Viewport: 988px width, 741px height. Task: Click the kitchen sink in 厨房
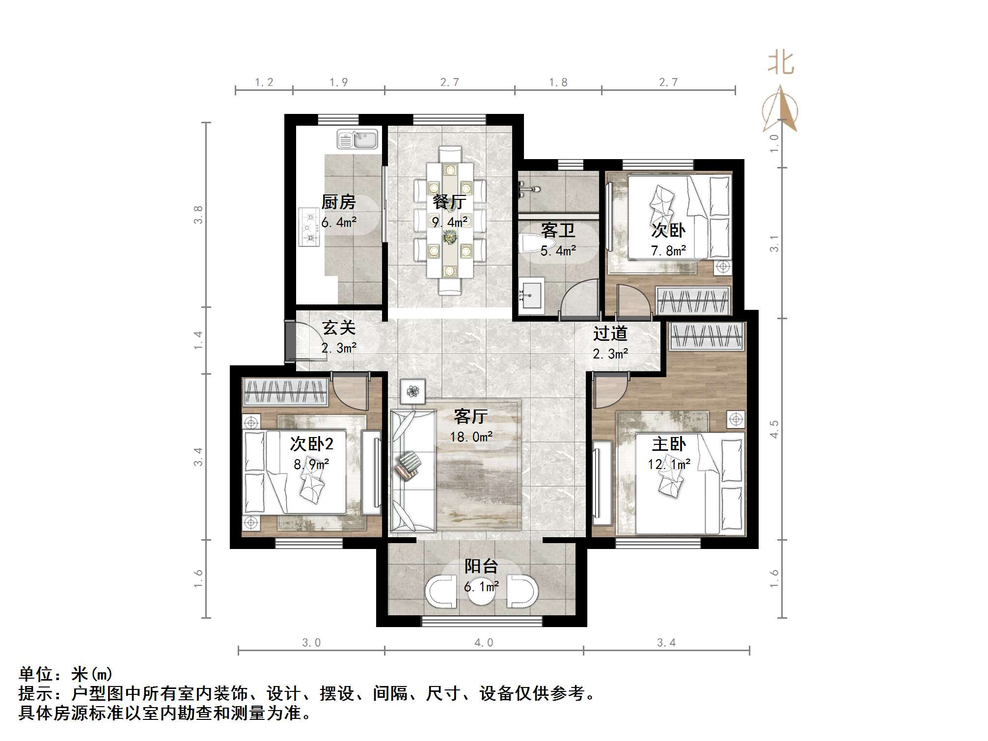(x=357, y=139)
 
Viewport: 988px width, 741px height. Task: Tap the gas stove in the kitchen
(x=309, y=227)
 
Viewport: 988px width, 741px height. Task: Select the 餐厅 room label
(x=449, y=202)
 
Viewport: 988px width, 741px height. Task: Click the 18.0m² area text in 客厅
(x=471, y=437)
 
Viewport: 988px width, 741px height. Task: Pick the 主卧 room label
(x=668, y=444)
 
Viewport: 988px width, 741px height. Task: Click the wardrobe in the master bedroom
(x=707, y=337)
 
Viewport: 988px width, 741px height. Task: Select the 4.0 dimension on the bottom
(x=484, y=643)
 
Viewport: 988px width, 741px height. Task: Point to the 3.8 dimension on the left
(x=198, y=215)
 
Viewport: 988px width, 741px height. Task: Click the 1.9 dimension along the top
(x=338, y=82)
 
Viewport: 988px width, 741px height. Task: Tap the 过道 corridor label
(x=610, y=334)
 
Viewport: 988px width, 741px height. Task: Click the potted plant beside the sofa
(x=413, y=392)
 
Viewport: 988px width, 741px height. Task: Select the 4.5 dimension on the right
(x=774, y=429)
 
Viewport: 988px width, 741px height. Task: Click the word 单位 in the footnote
(x=36, y=674)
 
